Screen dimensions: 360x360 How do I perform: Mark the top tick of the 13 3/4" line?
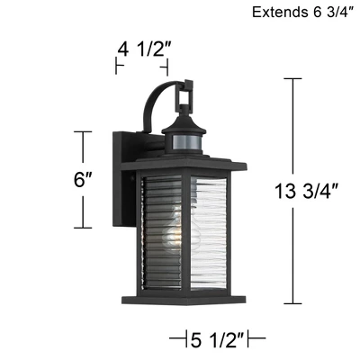tap(292, 78)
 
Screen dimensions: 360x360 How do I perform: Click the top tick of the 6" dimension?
tap(84, 131)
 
